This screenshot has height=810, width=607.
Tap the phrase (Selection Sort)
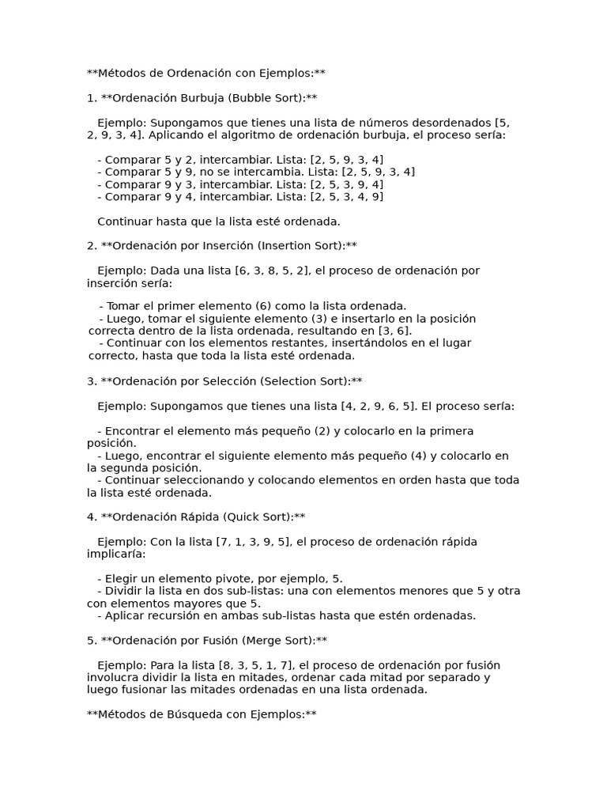pyautogui.click(x=305, y=381)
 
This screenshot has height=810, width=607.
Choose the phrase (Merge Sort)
pyautogui.click(x=269, y=641)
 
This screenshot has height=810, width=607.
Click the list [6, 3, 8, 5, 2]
pyautogui.click(x=269, y=271)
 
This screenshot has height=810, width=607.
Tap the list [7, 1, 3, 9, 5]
pyautogui.click(x=251, y=542)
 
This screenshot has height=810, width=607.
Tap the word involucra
pyautogui.click(x=114, y=678)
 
